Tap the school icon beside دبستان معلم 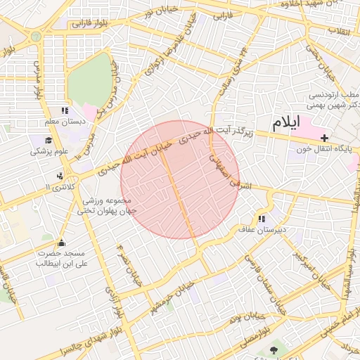point(65,110)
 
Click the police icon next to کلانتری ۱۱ point(59,176)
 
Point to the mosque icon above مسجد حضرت point(61,243)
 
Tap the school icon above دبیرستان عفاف point(262,219)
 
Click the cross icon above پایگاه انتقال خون point(323,137)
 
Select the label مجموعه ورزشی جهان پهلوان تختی point(107,205)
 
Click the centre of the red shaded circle point(180,179)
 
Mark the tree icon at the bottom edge point(274,349)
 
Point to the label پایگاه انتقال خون point(330,150)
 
